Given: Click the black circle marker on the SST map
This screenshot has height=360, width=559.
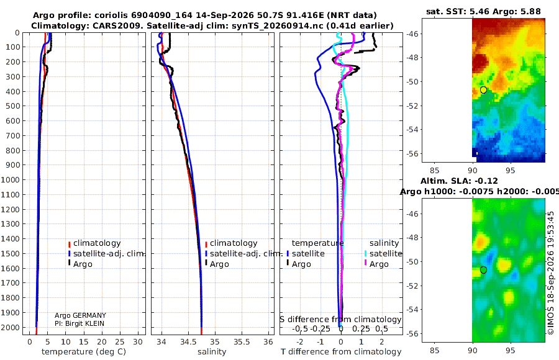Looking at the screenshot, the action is [x=483, y=90].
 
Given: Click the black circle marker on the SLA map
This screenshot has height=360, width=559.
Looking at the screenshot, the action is [x=483, y=270].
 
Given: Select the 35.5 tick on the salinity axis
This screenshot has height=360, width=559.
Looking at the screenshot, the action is [x=242, y=342].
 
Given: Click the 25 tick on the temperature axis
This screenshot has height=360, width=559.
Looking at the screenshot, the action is [x=120, y=342].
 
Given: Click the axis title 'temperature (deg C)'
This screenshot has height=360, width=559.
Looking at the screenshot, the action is [x=84, y=352].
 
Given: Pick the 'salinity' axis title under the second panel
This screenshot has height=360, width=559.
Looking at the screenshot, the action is [x=212, y=352].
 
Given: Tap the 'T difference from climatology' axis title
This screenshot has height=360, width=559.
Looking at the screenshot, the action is [x=341, y=352].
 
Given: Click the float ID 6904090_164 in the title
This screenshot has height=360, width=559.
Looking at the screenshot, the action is [x=161, y=16].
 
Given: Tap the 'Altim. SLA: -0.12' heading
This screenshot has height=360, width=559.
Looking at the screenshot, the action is [x=459, y=181].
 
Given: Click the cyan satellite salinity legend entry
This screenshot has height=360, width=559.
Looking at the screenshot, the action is [x=383, y=253].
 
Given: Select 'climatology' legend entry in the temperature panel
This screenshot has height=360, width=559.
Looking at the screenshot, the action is [x=94, y=243].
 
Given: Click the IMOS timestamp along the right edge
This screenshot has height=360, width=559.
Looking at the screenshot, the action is [x=551, y=273].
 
